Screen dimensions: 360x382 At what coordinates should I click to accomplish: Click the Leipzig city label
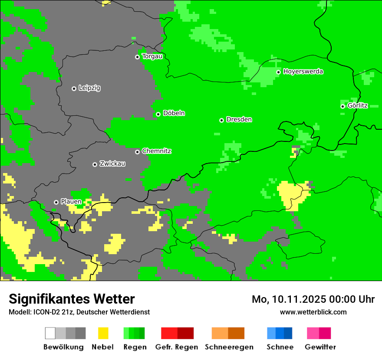(x=89, y=88)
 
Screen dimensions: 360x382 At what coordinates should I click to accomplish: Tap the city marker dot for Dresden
(x=221, y=120)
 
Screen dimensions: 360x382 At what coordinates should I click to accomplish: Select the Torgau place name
(x=152, y=56)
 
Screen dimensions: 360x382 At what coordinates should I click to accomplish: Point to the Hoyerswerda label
(x=303, y=72)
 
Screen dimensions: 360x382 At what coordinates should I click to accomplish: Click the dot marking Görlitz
(x=342, y=106)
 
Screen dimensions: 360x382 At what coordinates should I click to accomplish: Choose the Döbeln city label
(x=174, y=113)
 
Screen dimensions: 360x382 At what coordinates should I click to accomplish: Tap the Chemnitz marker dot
(x=137, y=152)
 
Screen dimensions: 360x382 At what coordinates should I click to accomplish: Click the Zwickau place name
(x=112, y=164)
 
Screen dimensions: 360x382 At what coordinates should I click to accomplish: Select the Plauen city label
(x=71, y=202)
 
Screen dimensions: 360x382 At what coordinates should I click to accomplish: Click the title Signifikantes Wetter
(x=72, y=299)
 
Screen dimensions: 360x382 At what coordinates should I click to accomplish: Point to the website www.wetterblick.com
(x=313, y=312)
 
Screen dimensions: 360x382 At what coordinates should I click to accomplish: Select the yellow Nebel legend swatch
(x=103, y=333)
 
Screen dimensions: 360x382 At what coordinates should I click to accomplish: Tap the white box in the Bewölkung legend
(x=50, y=333)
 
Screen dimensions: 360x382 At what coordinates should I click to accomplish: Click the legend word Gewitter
(x=320, y=347)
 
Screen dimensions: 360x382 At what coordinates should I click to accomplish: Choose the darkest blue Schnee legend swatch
(x=288, y=333)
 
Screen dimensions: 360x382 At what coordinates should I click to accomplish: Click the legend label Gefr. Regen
(x=177, y=347)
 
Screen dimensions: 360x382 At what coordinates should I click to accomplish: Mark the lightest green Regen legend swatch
(x=126, y=333)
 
